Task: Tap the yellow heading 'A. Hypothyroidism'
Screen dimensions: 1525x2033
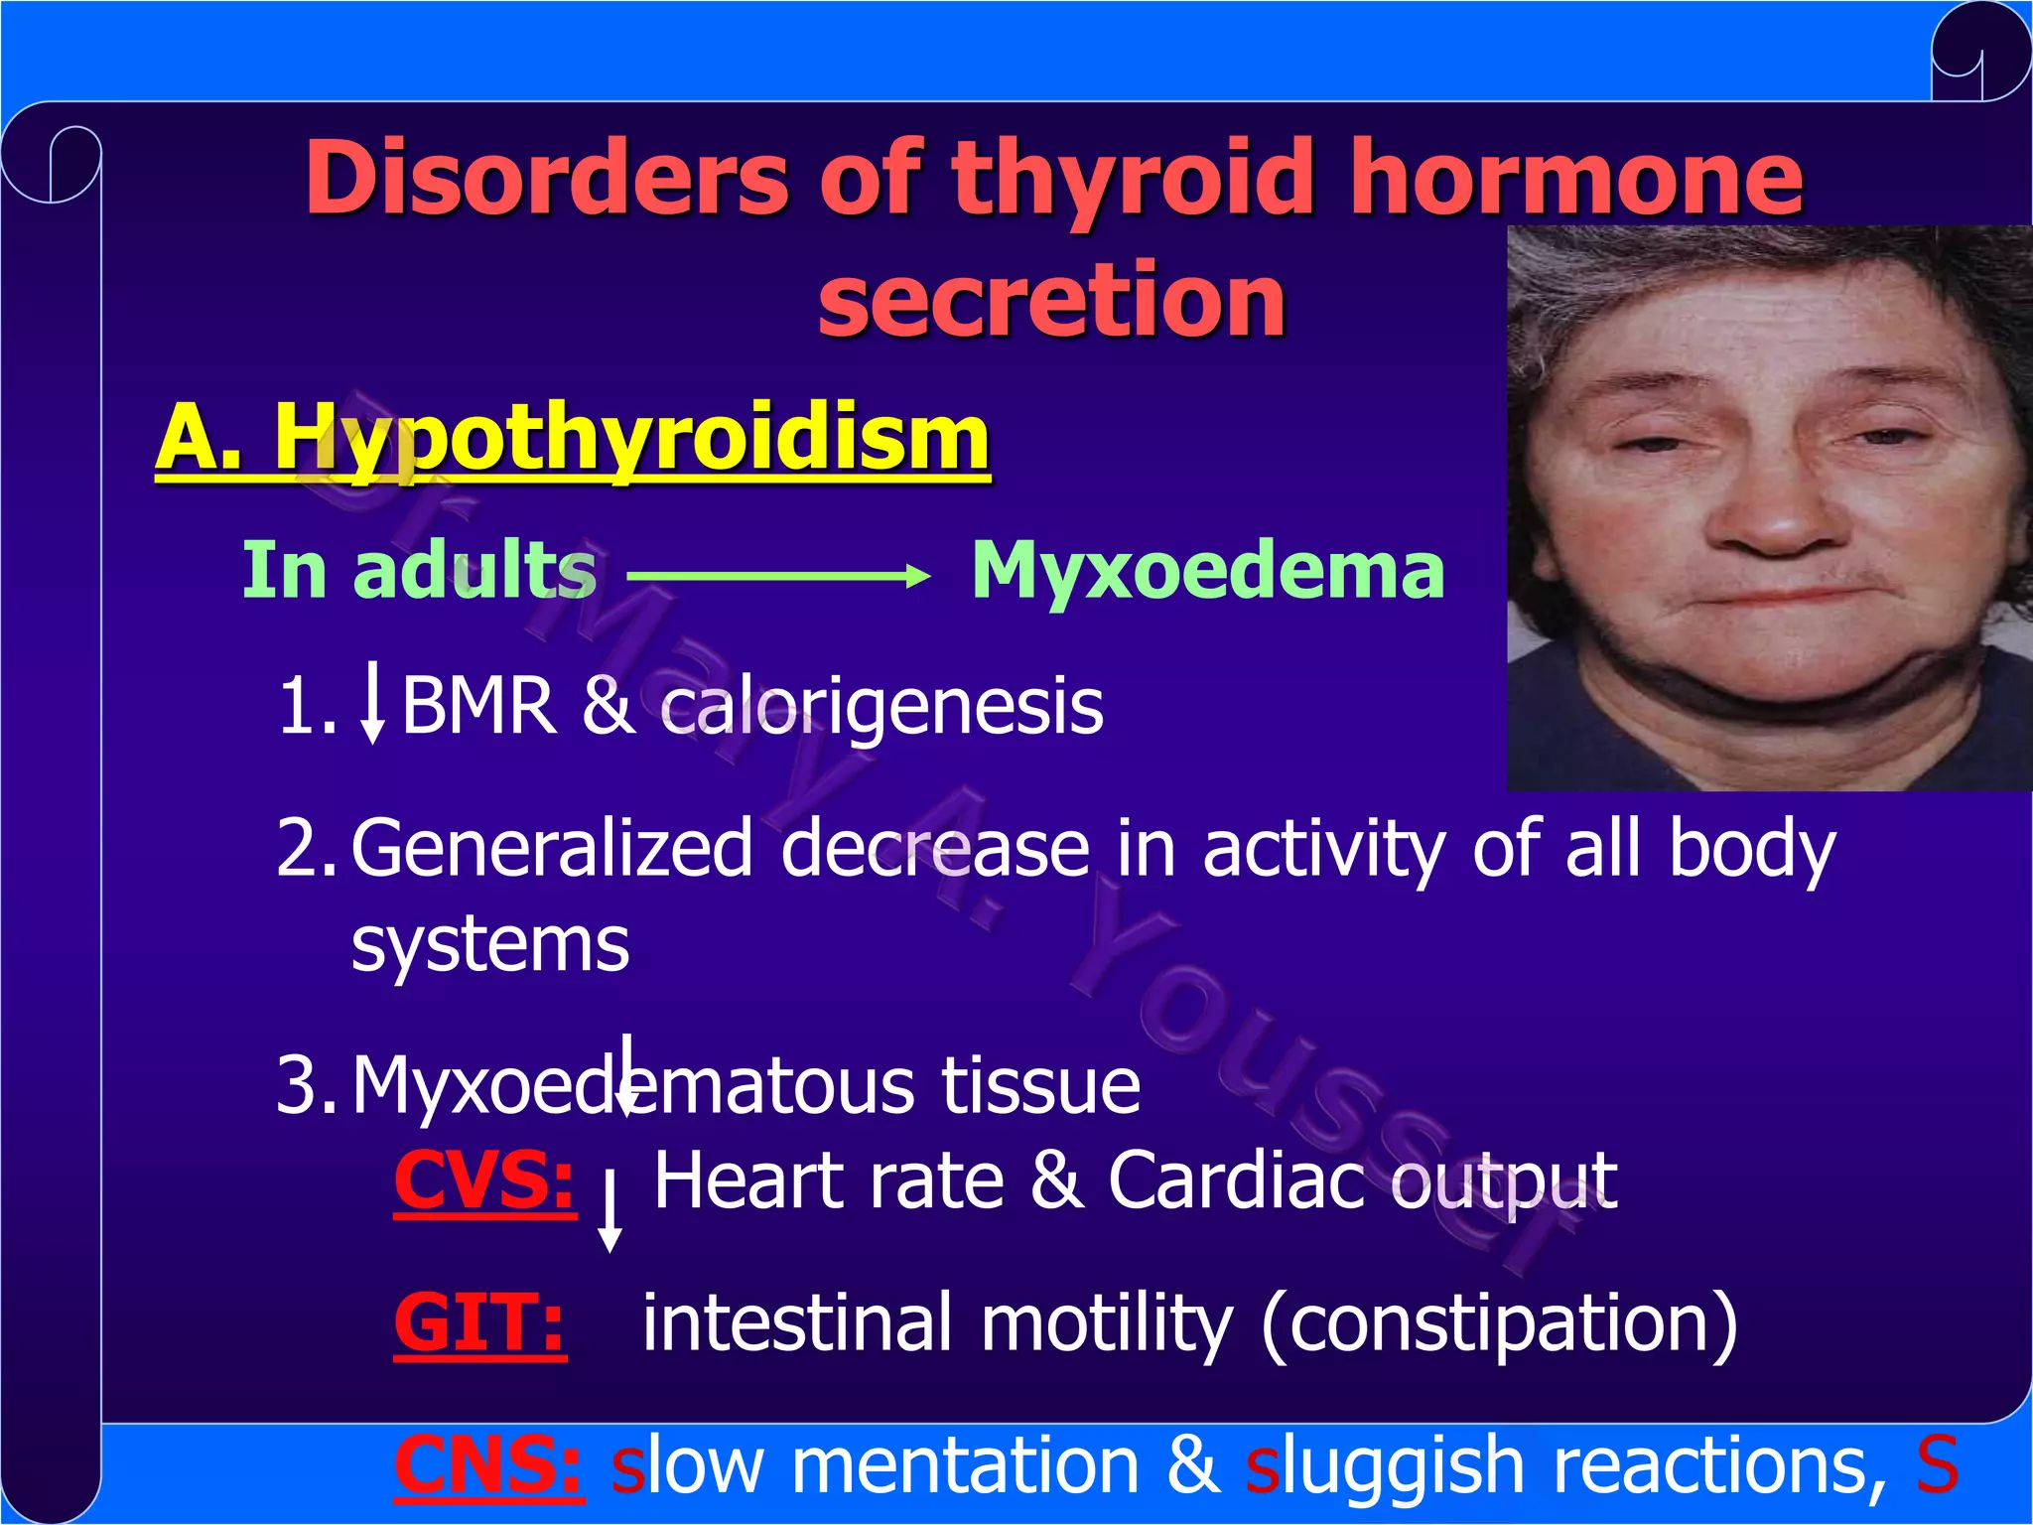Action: pyautogui.click(x=573, y=439)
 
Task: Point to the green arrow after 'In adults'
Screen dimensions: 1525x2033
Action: pyautogui.click(x=779, y=575)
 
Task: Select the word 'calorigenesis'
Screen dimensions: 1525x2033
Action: pyautogui.click(x=881, y=706)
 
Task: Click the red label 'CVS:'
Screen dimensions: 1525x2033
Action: pyautogui.click(x=483, y=1180)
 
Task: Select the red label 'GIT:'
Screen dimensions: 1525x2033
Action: pyautogui.click(x=479, y=1323)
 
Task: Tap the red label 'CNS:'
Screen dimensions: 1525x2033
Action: pyautogui.click(x=487, y=1465)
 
